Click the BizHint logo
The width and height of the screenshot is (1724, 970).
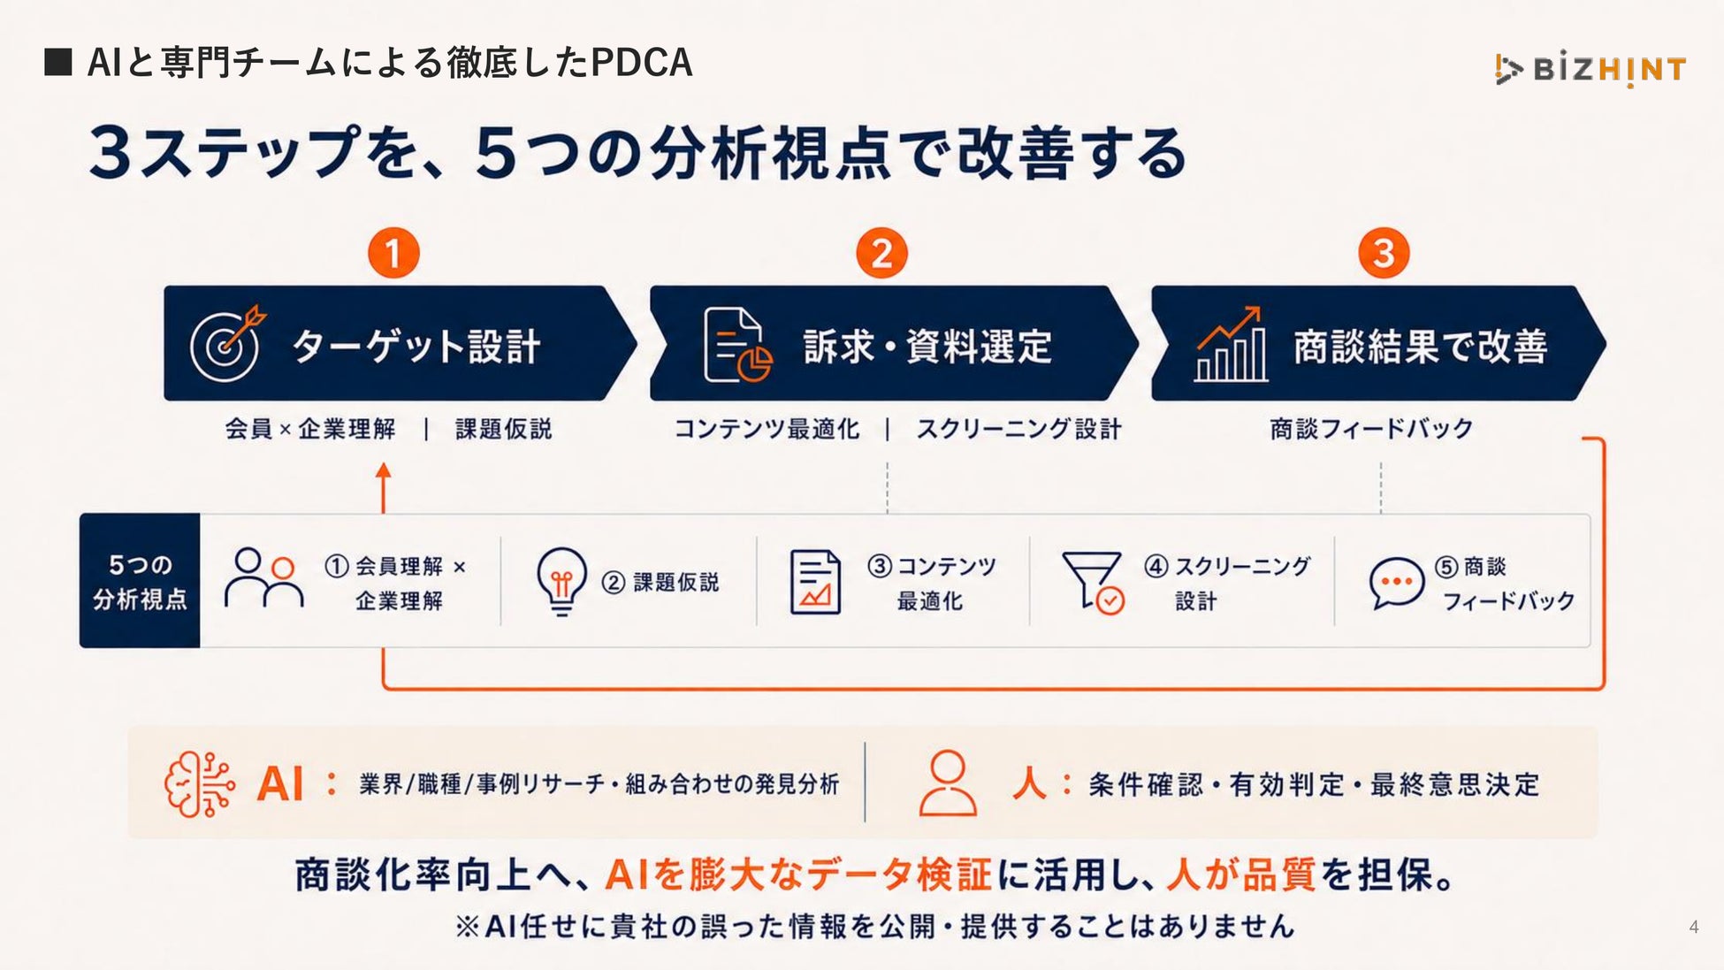1590,68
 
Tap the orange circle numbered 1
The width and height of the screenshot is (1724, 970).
393,253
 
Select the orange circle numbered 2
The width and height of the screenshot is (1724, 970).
881,253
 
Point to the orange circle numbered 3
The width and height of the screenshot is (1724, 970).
1384,253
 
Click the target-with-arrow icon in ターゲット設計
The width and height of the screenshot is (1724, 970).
227,343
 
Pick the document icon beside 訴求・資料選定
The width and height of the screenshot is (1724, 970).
737,345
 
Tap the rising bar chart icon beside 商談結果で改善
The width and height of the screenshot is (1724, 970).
1231,344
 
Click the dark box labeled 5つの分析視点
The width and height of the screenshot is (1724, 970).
140,581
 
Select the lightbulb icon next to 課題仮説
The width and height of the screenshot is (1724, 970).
561,581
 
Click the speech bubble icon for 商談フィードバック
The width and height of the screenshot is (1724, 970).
1396,583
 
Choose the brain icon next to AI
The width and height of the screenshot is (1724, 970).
200,784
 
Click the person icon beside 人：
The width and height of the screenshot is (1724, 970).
948,783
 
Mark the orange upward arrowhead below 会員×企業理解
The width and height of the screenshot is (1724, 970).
383,471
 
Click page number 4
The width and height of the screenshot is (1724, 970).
1694,927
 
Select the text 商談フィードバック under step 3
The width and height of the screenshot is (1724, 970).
1372,429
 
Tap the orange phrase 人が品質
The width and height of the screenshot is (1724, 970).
1241,875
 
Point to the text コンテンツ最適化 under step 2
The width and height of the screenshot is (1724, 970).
767,430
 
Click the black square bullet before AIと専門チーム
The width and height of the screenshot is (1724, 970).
58,62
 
